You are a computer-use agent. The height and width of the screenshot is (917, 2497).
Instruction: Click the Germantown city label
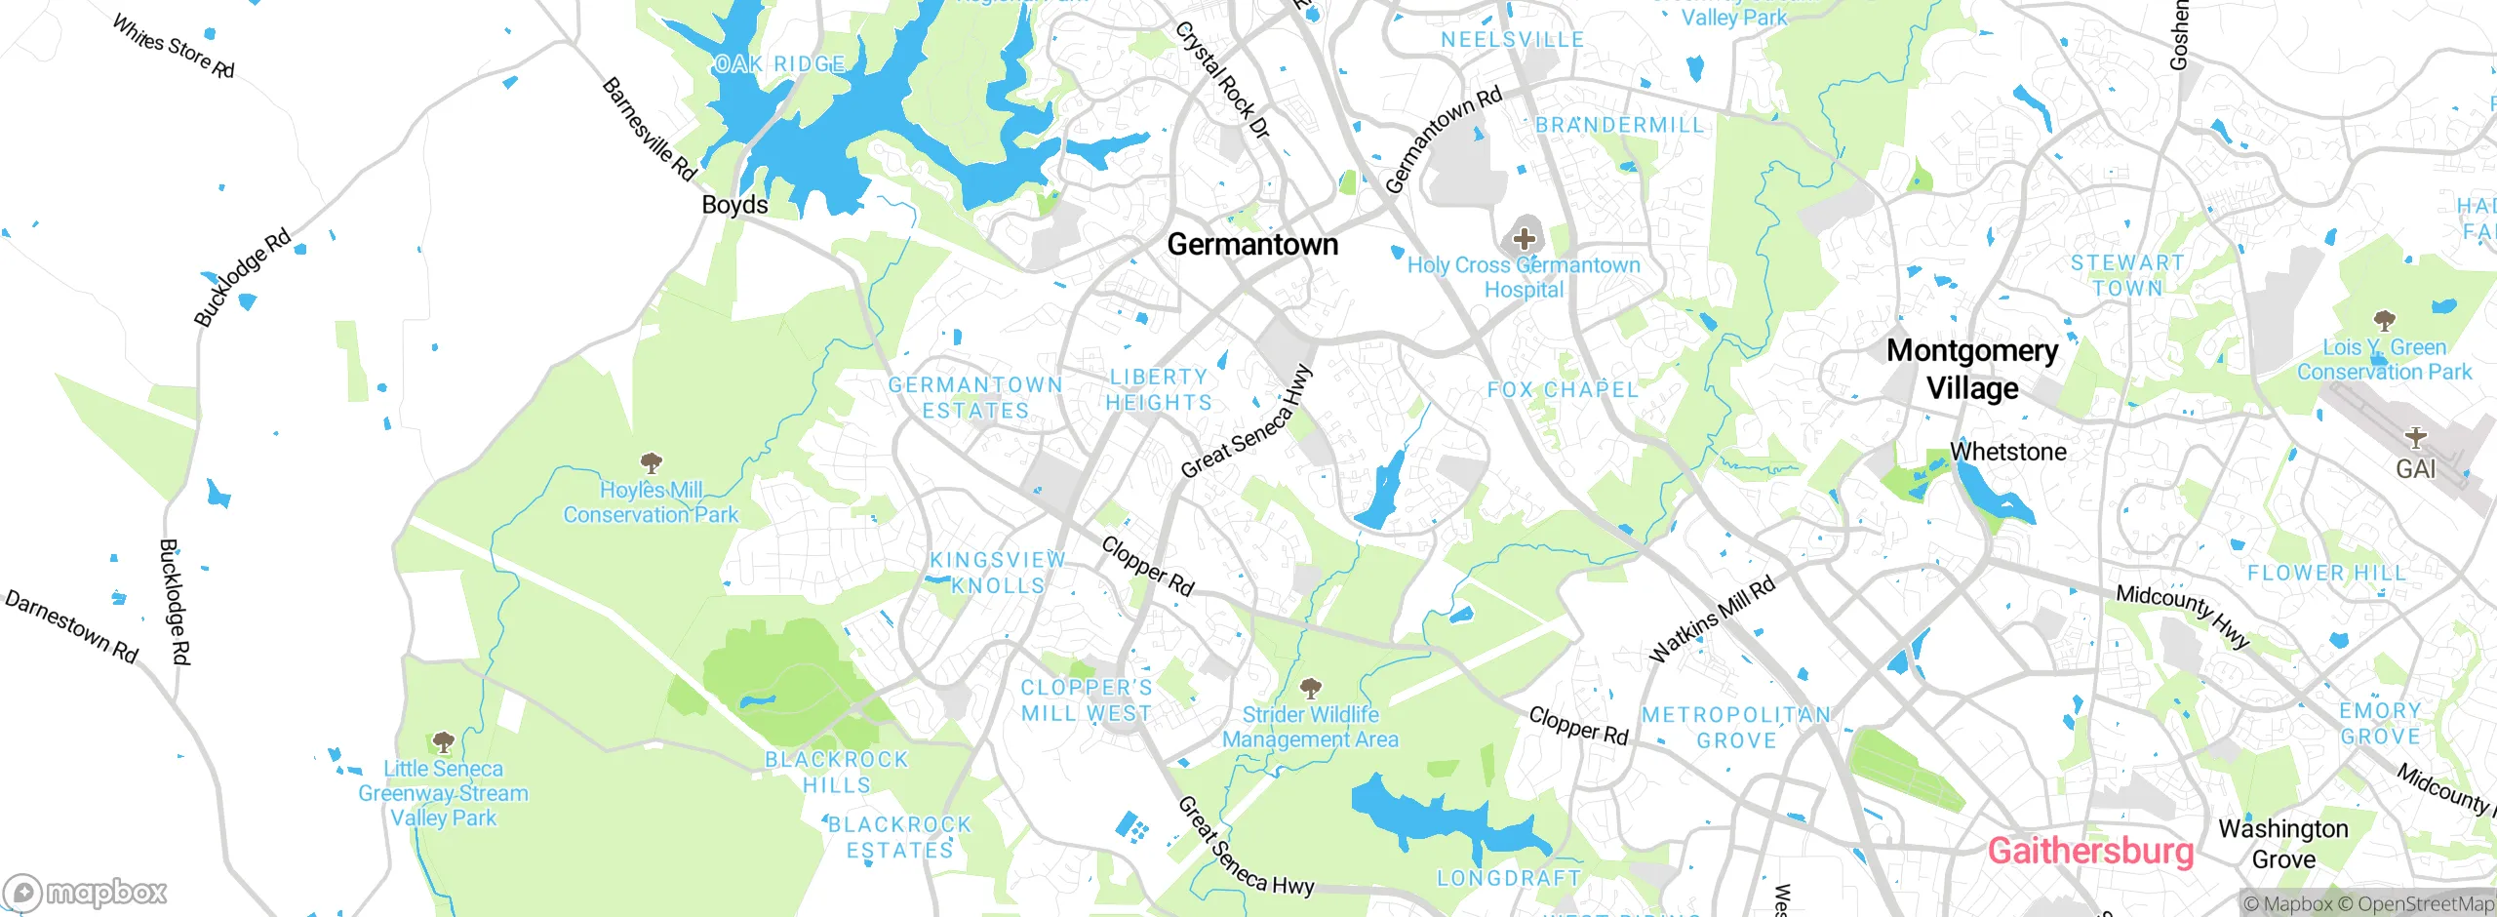(1252, 244)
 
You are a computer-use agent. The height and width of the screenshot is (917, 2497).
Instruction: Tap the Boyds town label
(734, 205)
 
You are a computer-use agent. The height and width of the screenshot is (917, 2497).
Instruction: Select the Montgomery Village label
(1972, 369)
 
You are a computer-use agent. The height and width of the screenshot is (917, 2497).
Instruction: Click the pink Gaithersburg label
(2090, 851)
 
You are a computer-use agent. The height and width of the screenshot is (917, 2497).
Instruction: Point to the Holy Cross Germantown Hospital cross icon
(1524, 238)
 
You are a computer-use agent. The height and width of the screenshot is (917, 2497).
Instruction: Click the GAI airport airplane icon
(2416, 437)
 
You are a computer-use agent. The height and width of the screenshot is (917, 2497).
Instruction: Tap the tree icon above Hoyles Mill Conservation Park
(651, 463)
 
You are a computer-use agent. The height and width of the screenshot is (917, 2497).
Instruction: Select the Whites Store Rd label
(174, 46)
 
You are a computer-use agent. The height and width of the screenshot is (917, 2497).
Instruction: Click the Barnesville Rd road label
(649, 130)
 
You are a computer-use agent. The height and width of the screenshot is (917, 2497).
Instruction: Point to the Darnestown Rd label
(72, 626)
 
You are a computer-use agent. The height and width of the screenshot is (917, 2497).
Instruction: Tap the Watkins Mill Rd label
(1712, 619)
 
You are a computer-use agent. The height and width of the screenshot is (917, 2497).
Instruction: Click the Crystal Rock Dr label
(1222, 80)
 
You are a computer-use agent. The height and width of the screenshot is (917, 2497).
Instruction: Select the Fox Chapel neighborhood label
(1562, 390)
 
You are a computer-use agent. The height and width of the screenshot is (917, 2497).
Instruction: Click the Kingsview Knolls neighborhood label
(997, 573)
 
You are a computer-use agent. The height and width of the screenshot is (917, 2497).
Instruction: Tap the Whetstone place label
(2007, 452)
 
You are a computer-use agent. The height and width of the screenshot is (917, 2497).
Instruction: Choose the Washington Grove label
(2283, 844)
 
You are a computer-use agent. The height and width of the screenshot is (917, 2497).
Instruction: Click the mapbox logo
(86, 892)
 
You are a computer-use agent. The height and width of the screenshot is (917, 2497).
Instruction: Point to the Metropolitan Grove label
(1736, 728)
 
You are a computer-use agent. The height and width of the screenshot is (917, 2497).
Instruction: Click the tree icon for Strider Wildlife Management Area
(1311, 689)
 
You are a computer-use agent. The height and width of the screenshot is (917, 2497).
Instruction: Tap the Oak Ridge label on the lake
(779, 64)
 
